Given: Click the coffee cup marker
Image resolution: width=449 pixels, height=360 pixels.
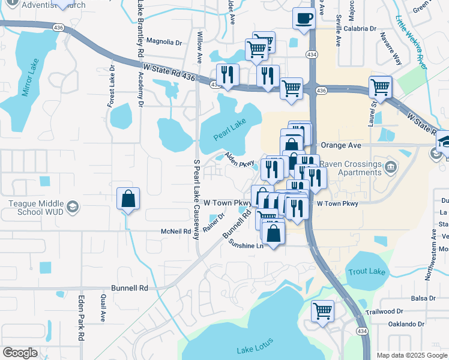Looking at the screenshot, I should (x=304, y=18).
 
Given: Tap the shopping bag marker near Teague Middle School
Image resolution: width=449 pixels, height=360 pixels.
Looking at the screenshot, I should (x=128, y=199).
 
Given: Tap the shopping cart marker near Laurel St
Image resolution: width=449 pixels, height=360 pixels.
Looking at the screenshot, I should (x=380, y=88).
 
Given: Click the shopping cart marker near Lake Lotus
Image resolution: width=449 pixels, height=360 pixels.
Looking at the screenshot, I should (x=323, y=311).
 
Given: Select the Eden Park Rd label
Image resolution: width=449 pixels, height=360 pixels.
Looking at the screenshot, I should (x=80, y=318).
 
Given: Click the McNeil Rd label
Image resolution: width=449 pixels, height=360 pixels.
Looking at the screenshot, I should (x=176, y=231).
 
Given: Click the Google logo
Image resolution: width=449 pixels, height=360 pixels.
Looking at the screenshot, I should (x=20, y=353).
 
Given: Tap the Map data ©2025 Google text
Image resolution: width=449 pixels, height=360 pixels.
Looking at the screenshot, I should (x=411, y=355).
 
